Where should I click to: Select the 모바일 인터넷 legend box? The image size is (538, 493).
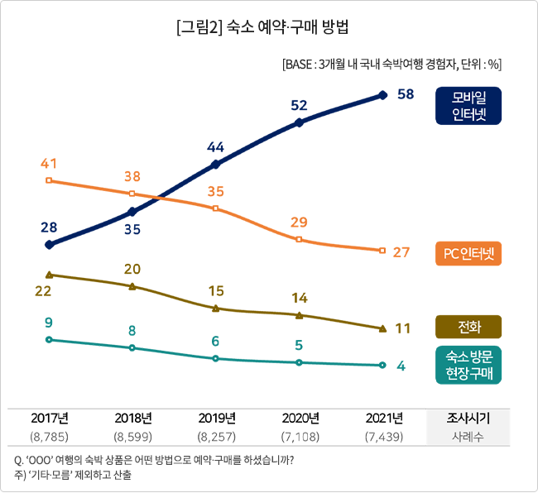coord(468,104)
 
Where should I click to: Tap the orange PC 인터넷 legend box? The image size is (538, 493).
coord(468,254)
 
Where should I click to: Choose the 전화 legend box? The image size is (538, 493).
coord(468,327)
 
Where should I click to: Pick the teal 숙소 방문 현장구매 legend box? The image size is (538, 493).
coord(468,365)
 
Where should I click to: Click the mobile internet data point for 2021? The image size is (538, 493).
coord(382,95)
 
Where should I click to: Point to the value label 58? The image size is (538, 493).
coord(406,94)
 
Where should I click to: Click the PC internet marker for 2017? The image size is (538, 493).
coord(50,179)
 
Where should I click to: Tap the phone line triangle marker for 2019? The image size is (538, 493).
coord(216,308)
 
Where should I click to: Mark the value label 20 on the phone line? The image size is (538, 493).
coord(132,269)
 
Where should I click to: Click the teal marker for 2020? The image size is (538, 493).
coord(299,362)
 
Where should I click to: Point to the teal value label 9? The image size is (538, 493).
coord(49,323)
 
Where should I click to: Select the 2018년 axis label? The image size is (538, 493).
coord(132,418)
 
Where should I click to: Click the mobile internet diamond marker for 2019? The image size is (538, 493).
coord(216,164)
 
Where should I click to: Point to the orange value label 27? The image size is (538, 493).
coord(402,252)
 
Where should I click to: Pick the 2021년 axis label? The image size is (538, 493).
coord(382,418)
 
